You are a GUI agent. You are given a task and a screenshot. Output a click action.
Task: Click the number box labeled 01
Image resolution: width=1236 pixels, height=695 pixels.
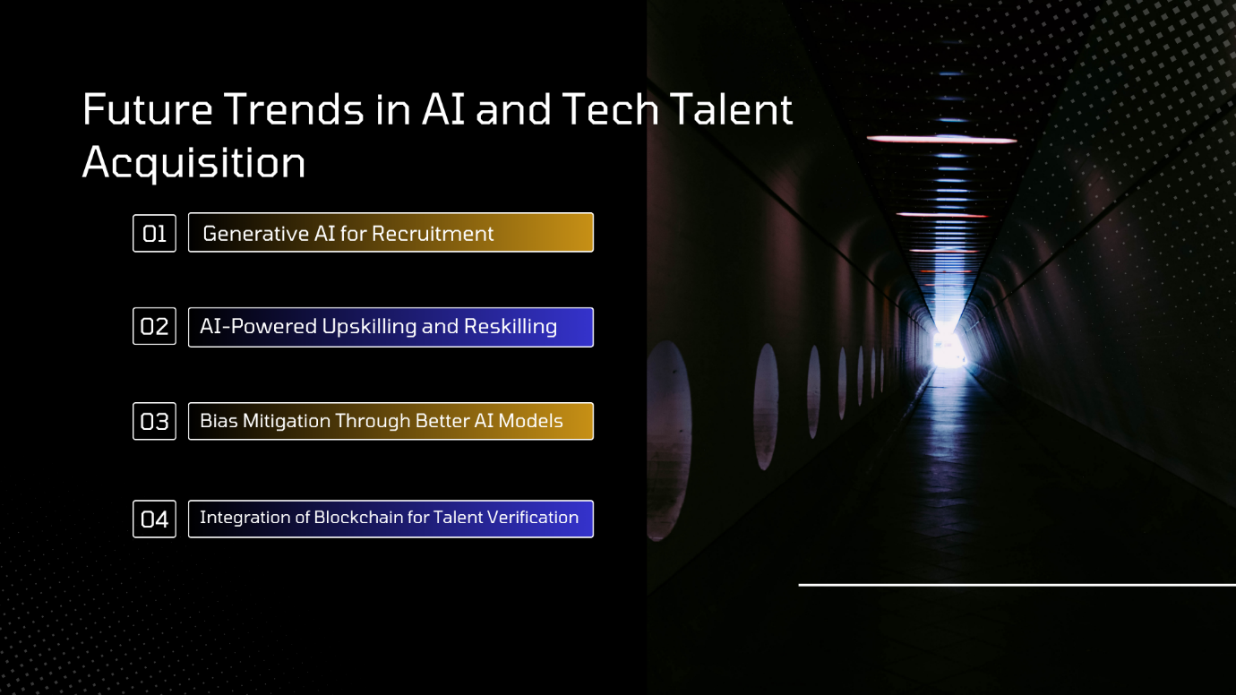154,234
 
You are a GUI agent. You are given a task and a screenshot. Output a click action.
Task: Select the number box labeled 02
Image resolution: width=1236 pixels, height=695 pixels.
154,326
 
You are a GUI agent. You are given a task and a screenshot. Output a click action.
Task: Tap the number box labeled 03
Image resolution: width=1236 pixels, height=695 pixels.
154,422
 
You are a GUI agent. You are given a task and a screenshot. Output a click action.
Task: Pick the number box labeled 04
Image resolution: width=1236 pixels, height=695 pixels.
154,519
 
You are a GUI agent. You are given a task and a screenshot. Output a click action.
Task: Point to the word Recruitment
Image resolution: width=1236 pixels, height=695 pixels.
433,234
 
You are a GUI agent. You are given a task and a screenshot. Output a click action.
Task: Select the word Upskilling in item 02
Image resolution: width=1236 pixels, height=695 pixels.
369,327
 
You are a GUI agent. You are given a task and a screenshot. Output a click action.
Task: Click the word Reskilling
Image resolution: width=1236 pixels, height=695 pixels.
511,326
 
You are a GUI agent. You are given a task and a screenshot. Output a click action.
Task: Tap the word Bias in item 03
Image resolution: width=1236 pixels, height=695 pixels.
219,421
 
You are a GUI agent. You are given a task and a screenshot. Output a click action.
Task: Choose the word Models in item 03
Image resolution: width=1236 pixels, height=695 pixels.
530,421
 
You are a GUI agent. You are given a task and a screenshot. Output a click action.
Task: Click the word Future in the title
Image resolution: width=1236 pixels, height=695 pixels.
147,109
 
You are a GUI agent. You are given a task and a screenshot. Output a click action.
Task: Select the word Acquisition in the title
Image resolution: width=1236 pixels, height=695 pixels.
193,163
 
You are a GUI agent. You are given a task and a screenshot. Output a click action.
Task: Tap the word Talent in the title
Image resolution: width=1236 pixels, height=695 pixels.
733,109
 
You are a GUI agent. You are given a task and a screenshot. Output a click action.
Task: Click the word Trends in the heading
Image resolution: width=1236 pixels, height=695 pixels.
295,109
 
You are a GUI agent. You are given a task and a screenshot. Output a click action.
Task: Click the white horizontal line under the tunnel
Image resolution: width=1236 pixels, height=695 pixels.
1017,585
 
